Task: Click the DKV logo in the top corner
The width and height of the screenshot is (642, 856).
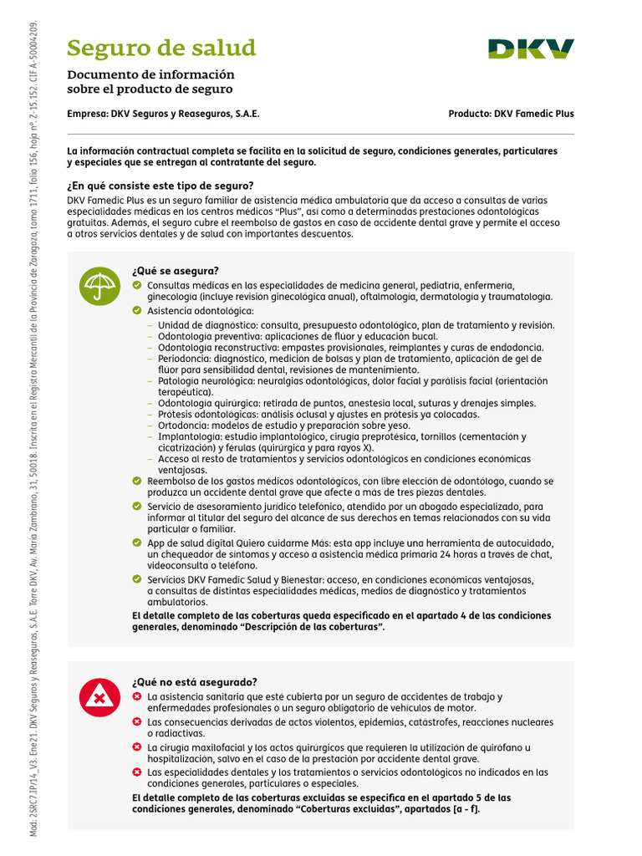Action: pyautogui.click(x=532, y=48)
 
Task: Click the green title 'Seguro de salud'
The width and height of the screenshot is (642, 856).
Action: pyautogui.click(x=161, y=48)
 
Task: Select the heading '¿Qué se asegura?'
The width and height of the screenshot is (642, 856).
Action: pyautogui.click(x=176, y=271)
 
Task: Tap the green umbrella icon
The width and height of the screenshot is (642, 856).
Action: pyautogui.click(x=99, y=286)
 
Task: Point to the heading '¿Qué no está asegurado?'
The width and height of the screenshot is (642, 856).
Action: pyautogui.click(x=194, y=682)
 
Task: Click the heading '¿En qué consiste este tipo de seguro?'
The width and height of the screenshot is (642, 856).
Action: pyautogui.click(x=160, y=186)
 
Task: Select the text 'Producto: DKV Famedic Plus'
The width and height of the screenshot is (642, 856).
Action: pyautogui.click(x=511, y=114)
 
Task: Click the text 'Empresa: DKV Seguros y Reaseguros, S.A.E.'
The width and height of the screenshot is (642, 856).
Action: pyautogui.click(x=169, y=114)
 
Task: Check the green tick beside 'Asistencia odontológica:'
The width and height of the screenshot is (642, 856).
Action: pyautogui.click(x=137, y=311)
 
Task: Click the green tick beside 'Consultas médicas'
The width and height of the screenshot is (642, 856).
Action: pyautogui.click(x=137, y=285)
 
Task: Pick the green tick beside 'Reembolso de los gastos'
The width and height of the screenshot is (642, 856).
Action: pyautogui.click(x=137, y=481)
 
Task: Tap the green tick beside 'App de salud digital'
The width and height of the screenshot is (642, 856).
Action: pyautogui.click(x=137, y=543)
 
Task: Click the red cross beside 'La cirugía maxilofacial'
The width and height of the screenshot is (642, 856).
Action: pyautogui.click(x=137, y=746)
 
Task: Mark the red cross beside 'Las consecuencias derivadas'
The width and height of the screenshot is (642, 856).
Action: pyautogui.click(x=137, y=721)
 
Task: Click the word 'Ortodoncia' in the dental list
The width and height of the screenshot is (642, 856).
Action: pyautogui.click(x=183, y=425)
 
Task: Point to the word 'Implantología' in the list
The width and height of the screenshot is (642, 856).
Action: pyautogui.click(x=188, y=436)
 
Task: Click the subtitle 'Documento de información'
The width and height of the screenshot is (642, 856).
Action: pyautogui.click(x=150, y=74)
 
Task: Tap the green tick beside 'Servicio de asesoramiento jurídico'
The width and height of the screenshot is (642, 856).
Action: pyautogui.click(x=137, y=507)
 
